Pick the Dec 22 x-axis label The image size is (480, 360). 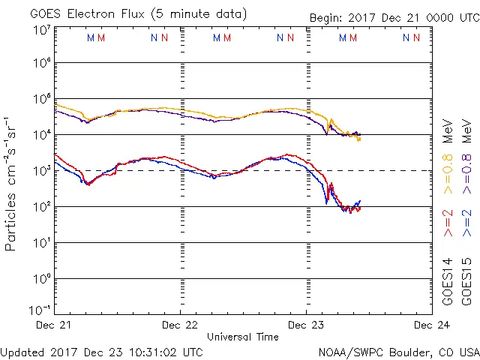point(180,325)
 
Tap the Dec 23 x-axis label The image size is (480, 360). point(306,325)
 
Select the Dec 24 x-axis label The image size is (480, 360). point(431,325)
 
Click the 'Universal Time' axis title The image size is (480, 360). point(242,337)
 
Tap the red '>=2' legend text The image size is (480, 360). point(448,223)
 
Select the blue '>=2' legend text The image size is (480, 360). point(466,223)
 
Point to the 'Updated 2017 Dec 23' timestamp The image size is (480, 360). point(101,351)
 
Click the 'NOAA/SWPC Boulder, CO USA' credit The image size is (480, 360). point(398,351)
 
